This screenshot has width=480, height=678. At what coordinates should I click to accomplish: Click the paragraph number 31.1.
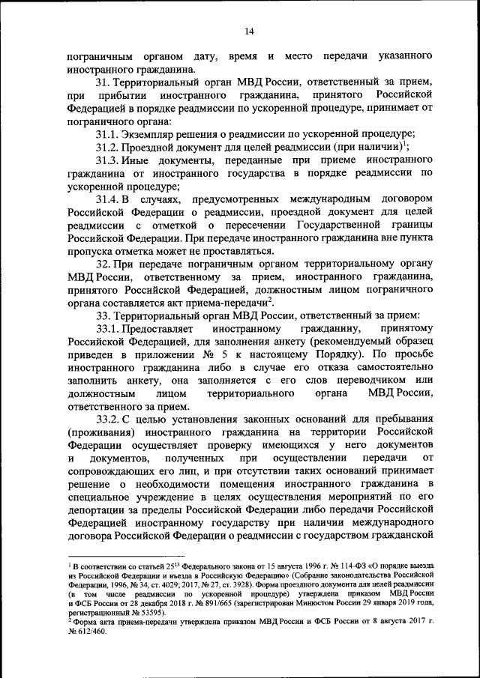[107, 133]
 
